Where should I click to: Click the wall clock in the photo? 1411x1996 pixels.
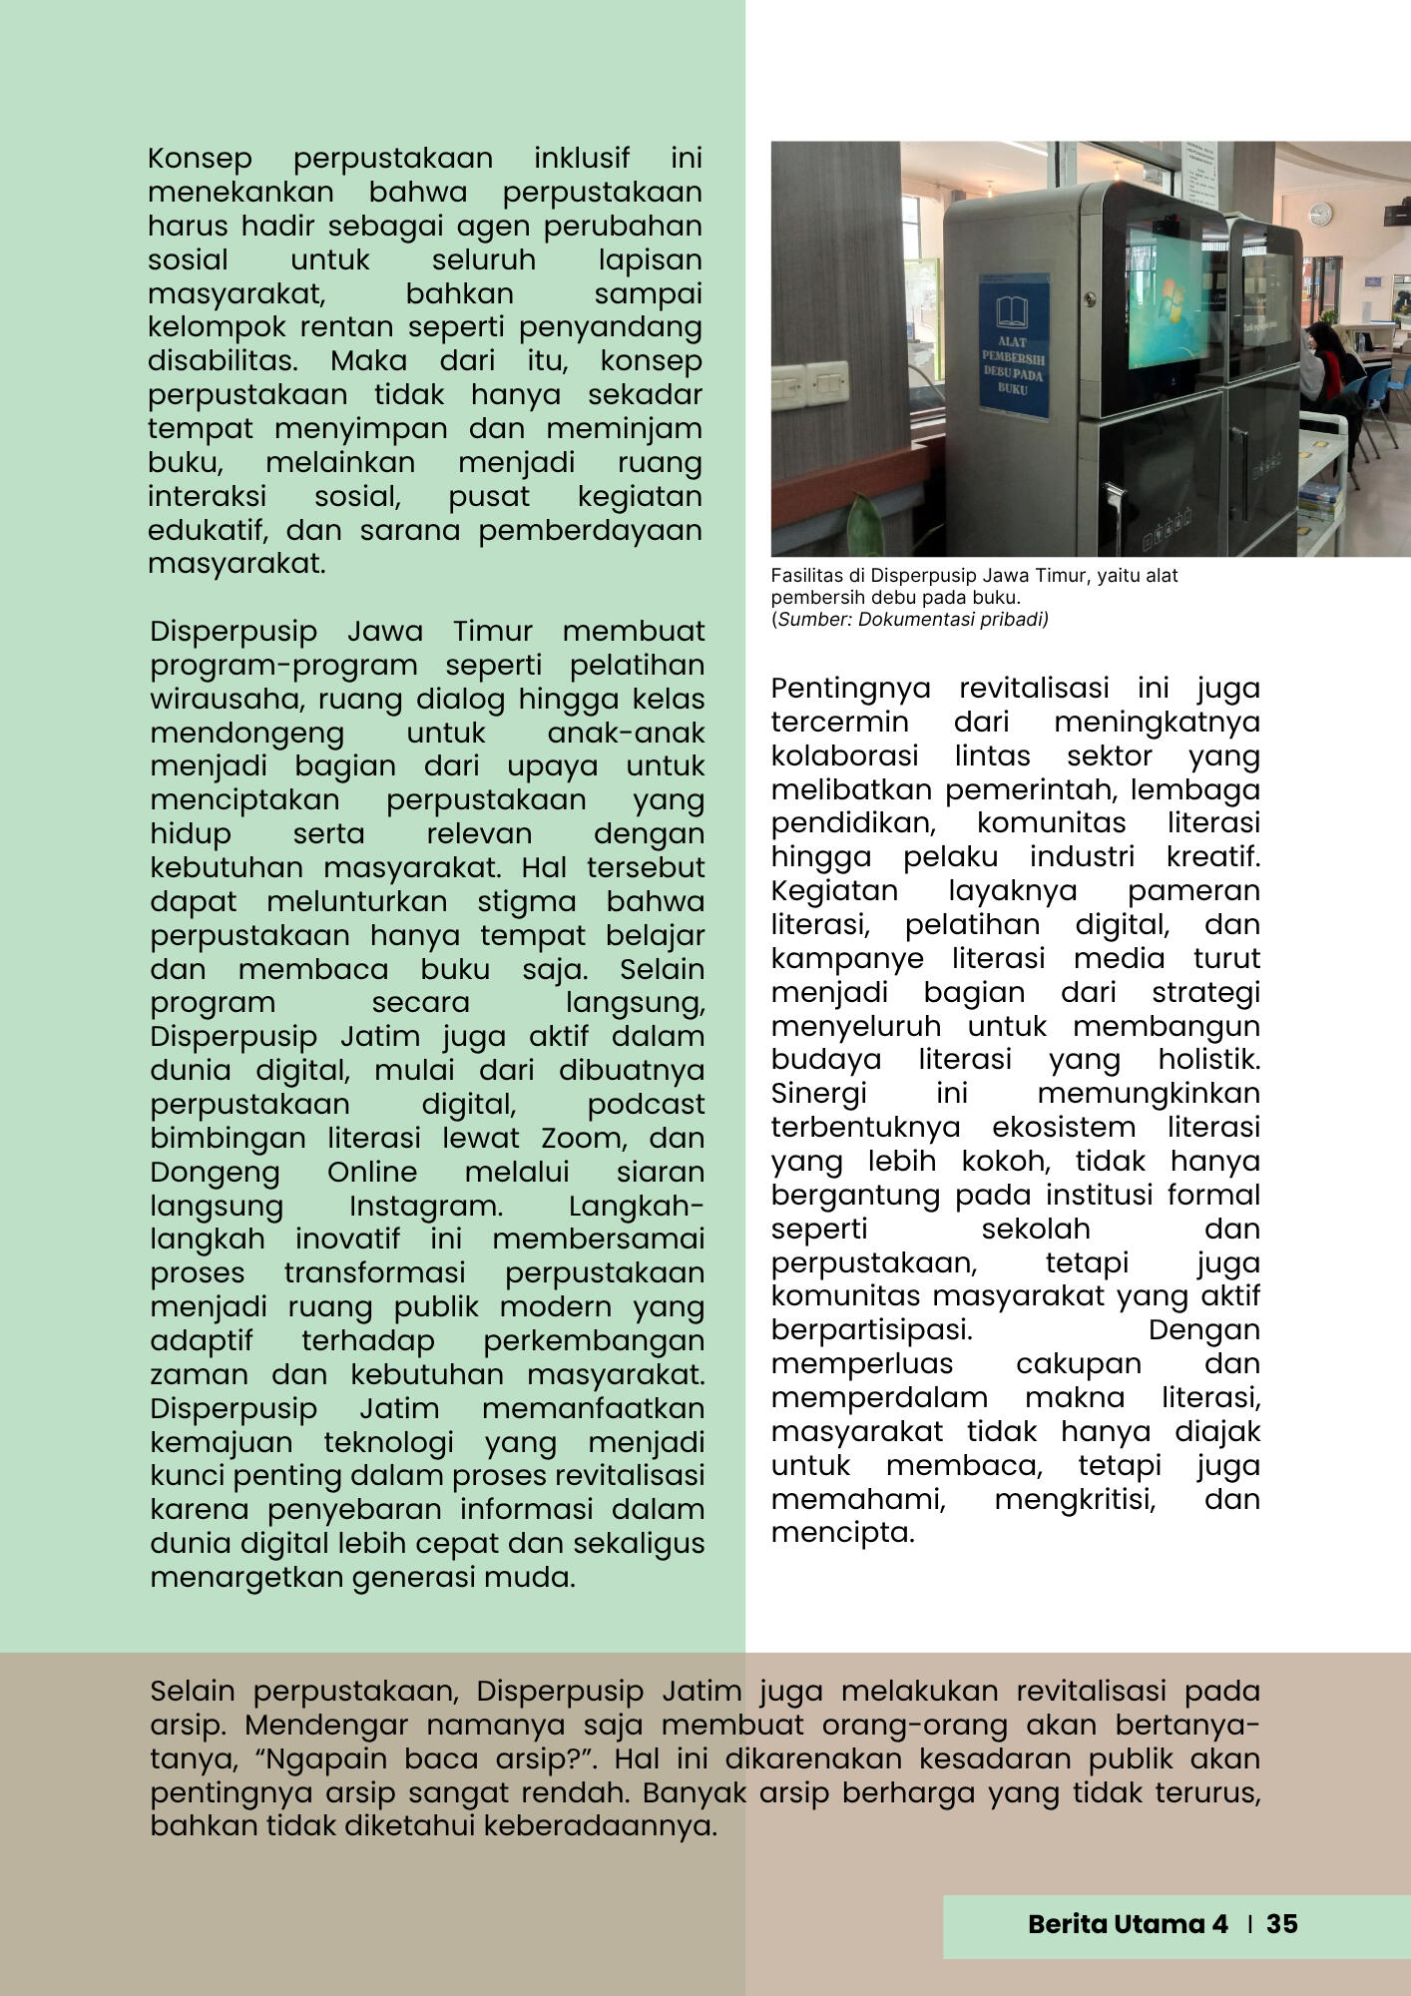[1320, 214]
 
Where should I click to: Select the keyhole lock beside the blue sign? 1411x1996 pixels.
[1091, 297]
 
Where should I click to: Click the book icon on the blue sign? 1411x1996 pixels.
[1013, 309]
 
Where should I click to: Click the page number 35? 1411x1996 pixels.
[1281, 1923]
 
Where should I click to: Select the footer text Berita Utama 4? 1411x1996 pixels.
[1128, 1923]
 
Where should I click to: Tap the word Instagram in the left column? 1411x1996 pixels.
[425, 1206]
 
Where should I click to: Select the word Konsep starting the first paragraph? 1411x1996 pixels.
[200, 158]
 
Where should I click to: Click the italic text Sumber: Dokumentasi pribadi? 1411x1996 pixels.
[912, 620]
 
